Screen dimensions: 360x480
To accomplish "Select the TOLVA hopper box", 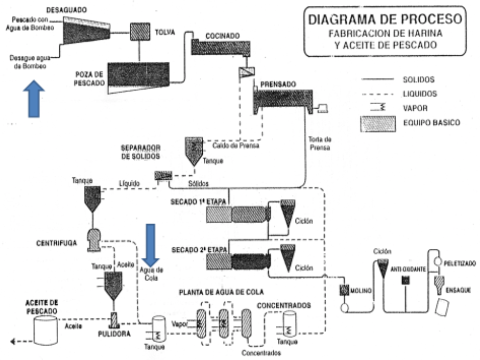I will click(140, 31).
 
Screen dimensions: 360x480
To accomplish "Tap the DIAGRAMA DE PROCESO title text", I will click(385, 20).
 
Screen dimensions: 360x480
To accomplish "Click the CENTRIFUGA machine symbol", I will click(94, 239).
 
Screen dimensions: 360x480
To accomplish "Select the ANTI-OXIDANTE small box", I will click(406, 280).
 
